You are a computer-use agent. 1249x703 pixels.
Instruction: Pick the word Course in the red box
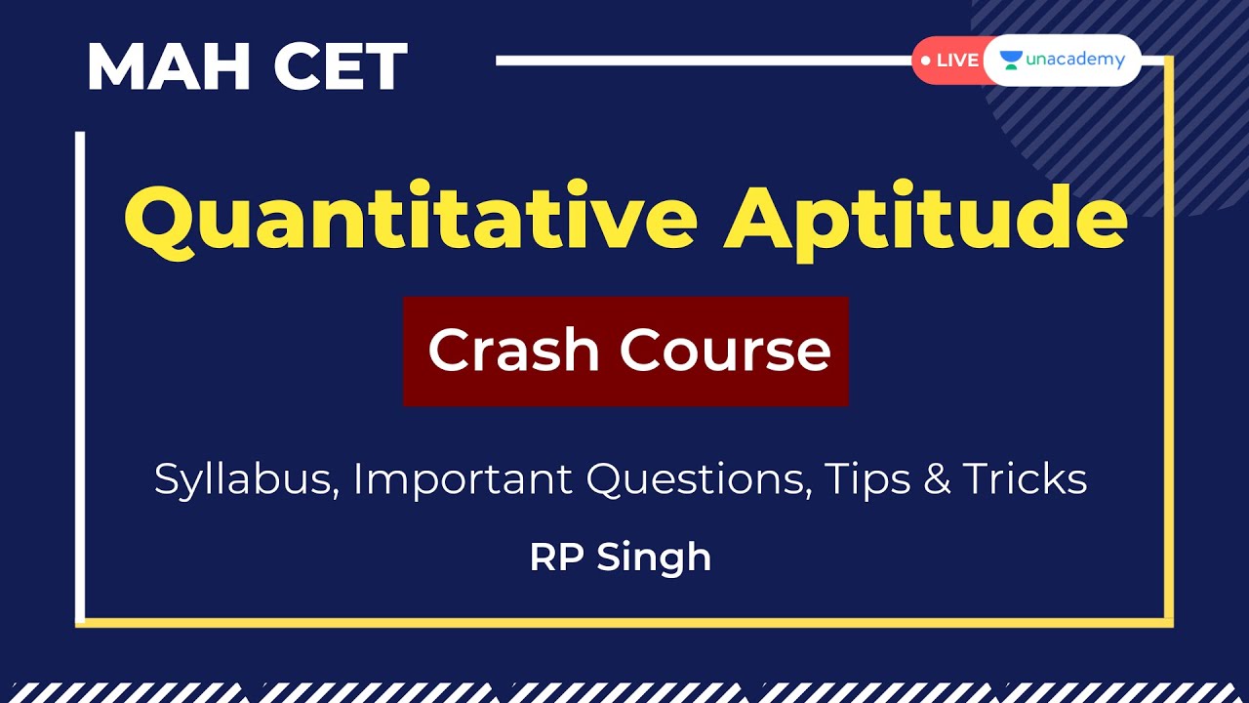click(726, 351)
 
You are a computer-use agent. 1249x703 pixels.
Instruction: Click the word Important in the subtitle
click(463, 480)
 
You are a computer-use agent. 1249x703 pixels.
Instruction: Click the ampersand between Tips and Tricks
click(937, 479)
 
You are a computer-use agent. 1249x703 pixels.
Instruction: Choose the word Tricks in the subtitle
click(1025, 478)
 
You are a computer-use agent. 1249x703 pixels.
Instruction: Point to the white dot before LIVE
click(925, 61)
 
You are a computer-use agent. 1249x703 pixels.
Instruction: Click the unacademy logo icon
click(1010, 61)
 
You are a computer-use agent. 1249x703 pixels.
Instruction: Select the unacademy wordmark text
click(1074, 60)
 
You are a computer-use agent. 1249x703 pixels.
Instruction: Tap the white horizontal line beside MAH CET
click(703, 61)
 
